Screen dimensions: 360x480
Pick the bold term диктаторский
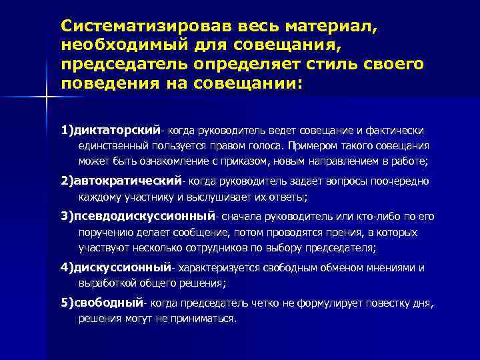tap(120, 129)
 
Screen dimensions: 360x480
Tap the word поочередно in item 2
tap(398, 181)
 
